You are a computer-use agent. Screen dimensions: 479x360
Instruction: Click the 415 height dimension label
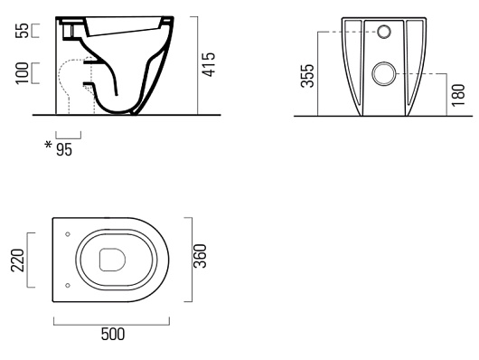pyautogui.click(x=209, y=64)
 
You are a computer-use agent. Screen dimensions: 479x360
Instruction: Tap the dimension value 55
pyautogui.click(x=22, y=31)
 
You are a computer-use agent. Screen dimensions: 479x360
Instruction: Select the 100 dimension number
pyautogui.click(x=22, y=73)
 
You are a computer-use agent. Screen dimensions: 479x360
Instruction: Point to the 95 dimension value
pyautogui.click(x=64, y=150)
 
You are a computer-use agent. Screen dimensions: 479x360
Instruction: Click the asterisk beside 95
pyautogui.click(x=48, y=145)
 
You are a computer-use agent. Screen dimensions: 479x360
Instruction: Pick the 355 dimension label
pyautogui.click(x=307, y=76)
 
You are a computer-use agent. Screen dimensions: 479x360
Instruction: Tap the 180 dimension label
pyautogui.click(x=458, y=95)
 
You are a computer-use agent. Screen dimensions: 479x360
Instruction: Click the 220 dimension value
pyautogui.click(x=17, y=261)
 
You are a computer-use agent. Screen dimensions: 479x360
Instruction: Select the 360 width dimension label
pyautogui.click(x=200, y=256)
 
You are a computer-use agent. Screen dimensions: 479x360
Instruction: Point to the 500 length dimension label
pyautogui.click(x=113, y=335)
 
